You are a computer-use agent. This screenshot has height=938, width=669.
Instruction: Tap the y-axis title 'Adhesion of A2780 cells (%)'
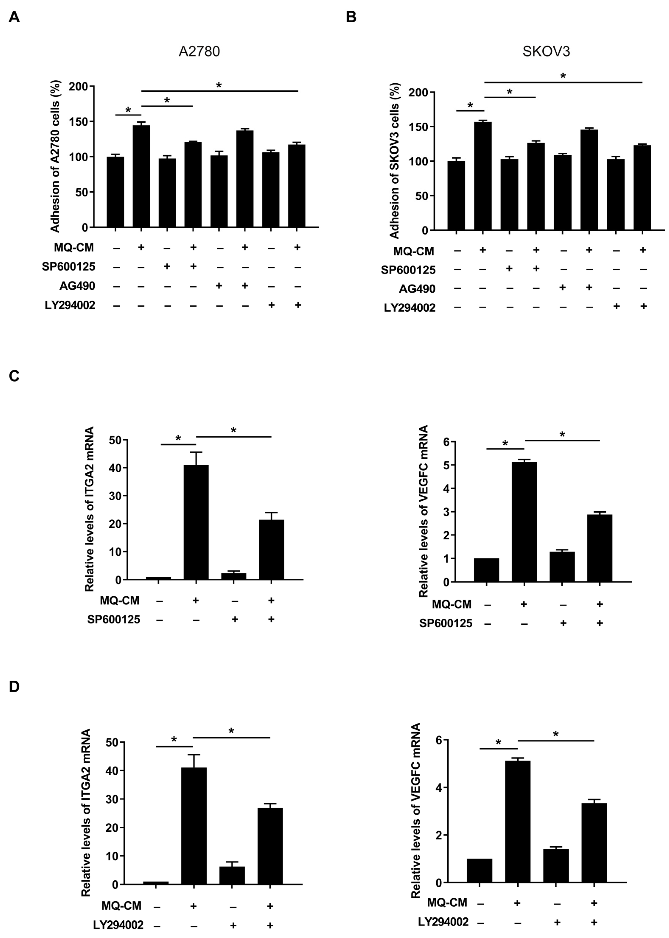pyautogui.click(x=55, y=157)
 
